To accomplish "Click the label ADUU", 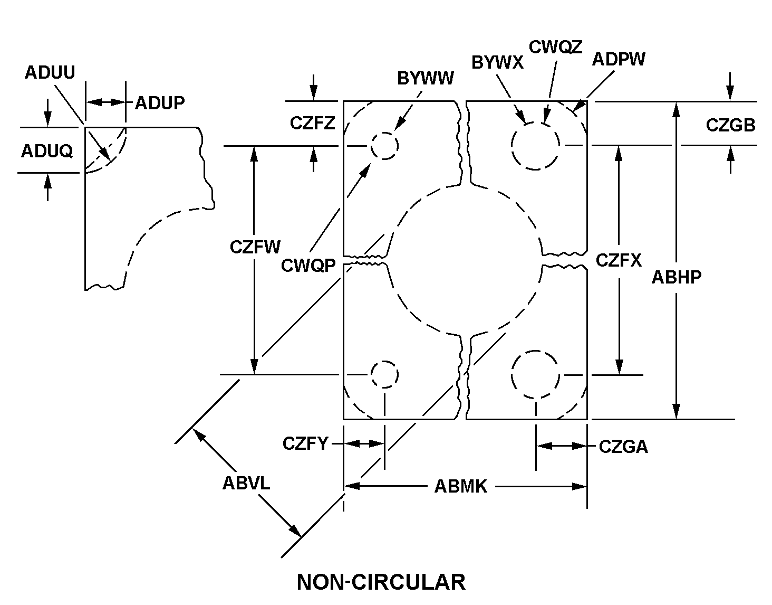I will (x=50, y=72).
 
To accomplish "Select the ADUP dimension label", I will (x=160, y=103).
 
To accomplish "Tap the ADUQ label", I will (x=47, y=152).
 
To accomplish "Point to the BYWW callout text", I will (x=425, y=79).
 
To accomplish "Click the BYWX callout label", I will (x=497, y=62).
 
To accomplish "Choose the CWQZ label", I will (x=555, y=47).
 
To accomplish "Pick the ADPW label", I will (x=618, y=59).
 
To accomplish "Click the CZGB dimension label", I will (x=730, y=125).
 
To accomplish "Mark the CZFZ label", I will (x=312, y=123).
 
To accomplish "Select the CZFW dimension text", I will (x=255, y=247).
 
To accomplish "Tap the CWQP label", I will (x=308, y=266).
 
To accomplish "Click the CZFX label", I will (x=619, y=260).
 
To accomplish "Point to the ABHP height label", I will (x=677, y=277).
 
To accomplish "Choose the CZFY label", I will (x=305, y=443).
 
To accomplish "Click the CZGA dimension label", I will (x=623, y=447).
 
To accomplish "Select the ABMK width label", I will (x=460, y=487).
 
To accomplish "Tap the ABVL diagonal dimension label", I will (x=246, y=483).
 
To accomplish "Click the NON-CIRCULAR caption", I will (x=381, y=582).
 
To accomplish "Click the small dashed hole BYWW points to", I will (x=384, y=145).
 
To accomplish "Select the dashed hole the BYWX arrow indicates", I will (x=535, y=145).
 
